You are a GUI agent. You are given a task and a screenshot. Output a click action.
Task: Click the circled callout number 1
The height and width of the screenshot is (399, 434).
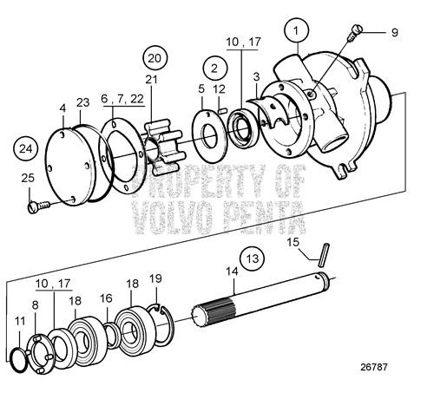[x=298, y=31]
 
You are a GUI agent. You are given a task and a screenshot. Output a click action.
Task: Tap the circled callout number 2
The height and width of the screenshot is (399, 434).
[x=213, y=68]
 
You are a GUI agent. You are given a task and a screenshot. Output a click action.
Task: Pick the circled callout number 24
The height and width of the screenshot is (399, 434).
[x=28, y=149]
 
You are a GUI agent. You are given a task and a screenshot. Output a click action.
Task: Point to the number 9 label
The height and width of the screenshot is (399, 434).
[x=393, y=33]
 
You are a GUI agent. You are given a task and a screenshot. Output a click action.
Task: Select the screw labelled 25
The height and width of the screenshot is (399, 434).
[x=37, y=207]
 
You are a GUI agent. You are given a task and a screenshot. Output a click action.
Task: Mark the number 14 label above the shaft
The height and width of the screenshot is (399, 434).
[x=232, y=271]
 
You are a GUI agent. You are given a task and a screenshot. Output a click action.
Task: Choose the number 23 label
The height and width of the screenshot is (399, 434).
[x=82, y=101]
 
